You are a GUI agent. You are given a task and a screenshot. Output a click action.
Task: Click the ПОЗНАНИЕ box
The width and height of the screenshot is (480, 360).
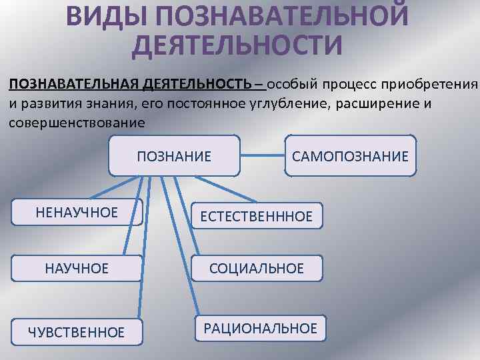tap(173, 157)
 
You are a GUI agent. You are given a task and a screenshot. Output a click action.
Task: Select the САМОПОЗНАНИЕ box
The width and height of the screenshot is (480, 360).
tap(350, 157)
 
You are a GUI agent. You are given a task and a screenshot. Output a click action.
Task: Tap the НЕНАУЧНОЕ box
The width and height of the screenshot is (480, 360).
tap(77, 213)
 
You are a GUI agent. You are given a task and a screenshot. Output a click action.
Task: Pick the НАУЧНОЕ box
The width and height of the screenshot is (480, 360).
tap(77, 269)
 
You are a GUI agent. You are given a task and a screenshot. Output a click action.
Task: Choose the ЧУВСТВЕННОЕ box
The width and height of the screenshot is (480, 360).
tap(77, 331)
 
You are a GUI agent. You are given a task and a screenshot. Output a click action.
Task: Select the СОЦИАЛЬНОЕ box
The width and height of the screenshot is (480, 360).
tap(257, 269)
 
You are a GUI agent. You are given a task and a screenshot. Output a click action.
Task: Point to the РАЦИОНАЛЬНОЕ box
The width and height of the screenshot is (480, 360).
tap(260, 328)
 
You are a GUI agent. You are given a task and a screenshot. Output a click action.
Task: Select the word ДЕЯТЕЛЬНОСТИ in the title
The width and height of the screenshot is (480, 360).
tap(237, 44)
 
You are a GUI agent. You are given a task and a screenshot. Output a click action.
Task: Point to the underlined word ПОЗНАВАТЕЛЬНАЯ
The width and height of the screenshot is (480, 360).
tap(73, 85)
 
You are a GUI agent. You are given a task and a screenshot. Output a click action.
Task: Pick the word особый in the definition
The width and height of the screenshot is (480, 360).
tap(294, 85)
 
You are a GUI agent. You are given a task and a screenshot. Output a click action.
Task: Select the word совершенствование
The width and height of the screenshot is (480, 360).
tap(77, 123)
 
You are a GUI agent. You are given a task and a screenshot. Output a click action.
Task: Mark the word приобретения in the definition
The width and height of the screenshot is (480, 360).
tap(439, 85)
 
